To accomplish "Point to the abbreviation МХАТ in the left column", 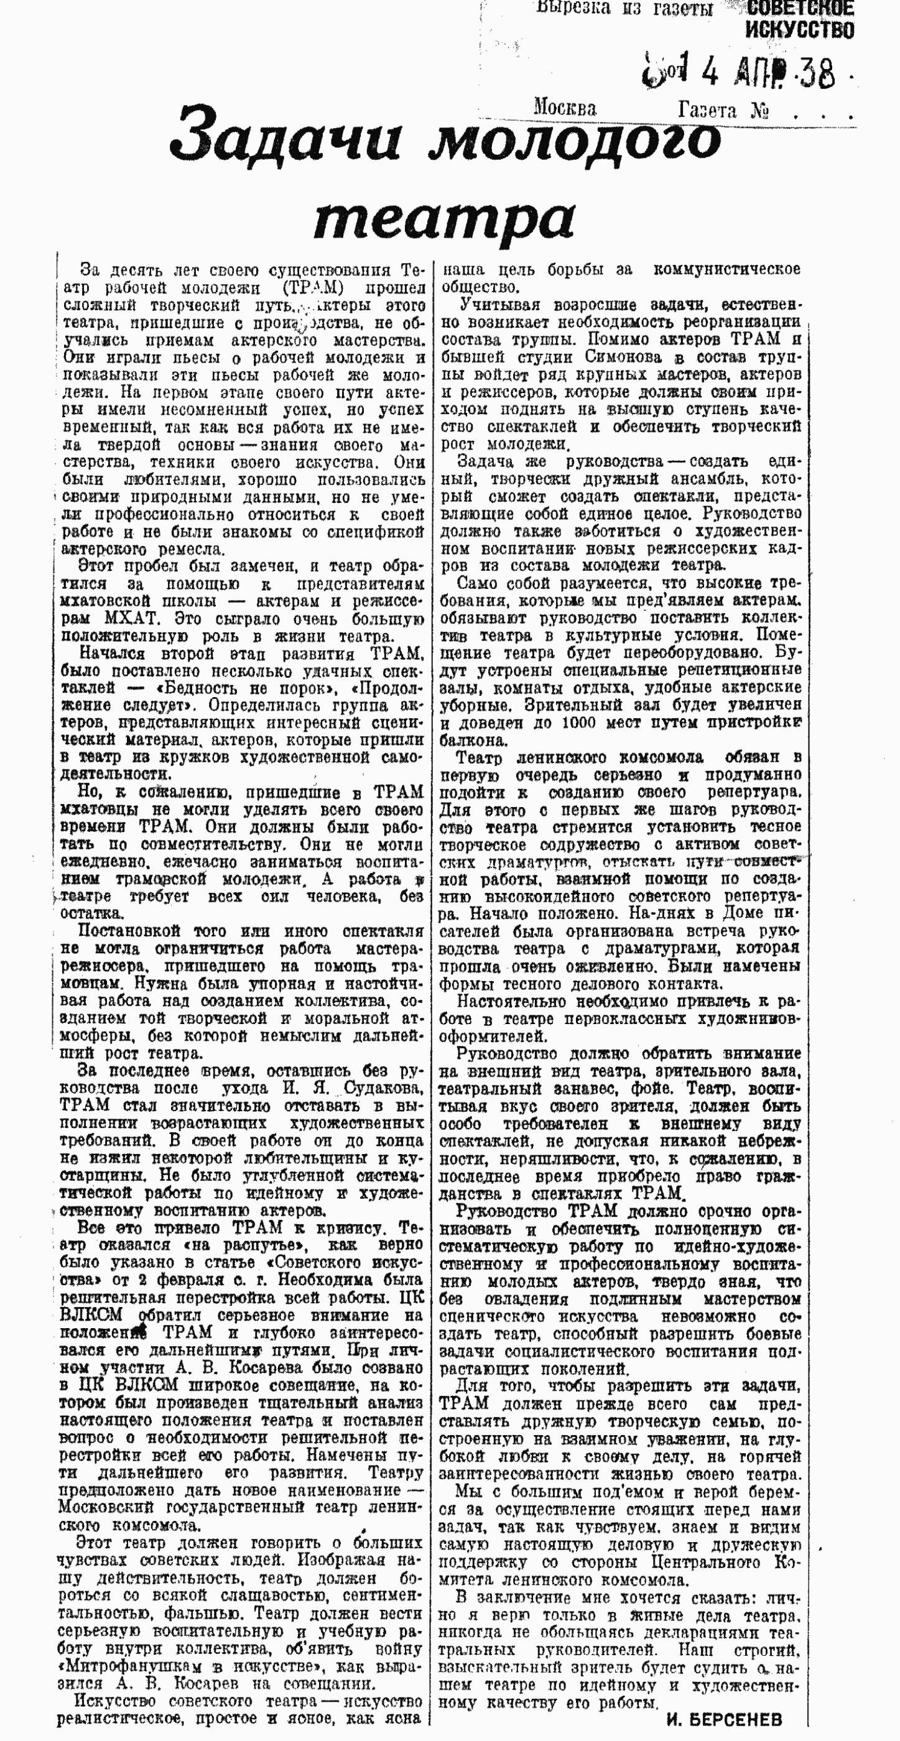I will [x=131, y=619].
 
